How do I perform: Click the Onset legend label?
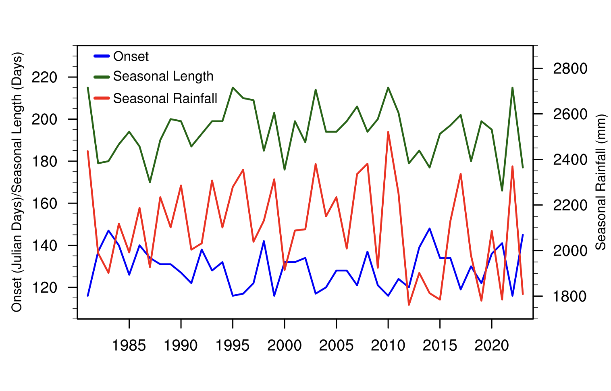pyautogui.click(x=131, y=56)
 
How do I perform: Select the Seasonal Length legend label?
pyautogui.click(x=163, y=76)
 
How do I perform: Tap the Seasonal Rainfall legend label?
pyautogui.click(x=165, y=98)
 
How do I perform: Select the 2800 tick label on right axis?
pyautogui.click(x=570, y=69)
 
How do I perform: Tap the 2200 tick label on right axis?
pyautogui.click(x=570, y=205)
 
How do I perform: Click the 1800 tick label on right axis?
pyautogui.click(x=570, y=296)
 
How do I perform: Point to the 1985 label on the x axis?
pyautogui.click(x=129, y=345)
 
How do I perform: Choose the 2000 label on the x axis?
pyautogui.click(x=285, y=345)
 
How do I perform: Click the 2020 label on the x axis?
pyautogui.click(x=492, y=345)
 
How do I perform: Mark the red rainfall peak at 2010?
pyautogui.click(x=388, y=132)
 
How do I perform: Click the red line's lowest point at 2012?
pyautogui.click(x=409, y=305)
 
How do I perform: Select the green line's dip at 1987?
pyautogui.click(x=150, y=182)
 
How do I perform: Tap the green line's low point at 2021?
pyautogui.click(x=502, y=191)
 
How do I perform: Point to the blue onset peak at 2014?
pyautogui.click(x=430, y=229)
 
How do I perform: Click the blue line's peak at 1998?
pyautogui.click(x=264, y=241)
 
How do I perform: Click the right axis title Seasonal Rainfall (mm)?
pyautogui.click(x=601, y=182)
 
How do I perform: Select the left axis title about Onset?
pyautogui.click(x=17, y=182)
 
